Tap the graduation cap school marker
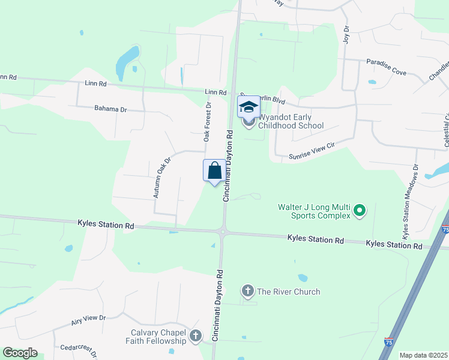pos(249,107)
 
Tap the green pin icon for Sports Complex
pos(360,210)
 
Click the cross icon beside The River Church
pos(247,292)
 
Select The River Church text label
pos(288,292)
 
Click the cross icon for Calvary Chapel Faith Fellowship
pos(196,337)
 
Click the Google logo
pos(20,353)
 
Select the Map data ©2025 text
pos(423,355)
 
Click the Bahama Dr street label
pos(111,109)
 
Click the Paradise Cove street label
pos(386,67)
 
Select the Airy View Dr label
pos(89,320)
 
